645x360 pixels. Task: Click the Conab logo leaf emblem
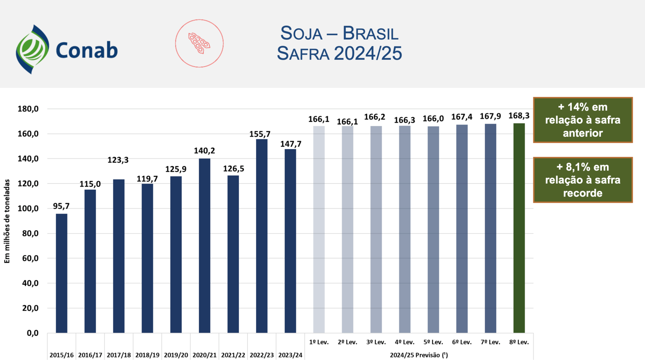tap(32, 49)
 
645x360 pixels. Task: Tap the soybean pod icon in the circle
tap(199, 43)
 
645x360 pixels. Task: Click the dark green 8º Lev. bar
tap(519, 228)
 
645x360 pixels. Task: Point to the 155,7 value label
tap(260, 134)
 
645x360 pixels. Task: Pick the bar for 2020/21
tap(205, 245)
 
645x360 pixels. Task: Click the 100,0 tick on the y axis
tap(28, 209)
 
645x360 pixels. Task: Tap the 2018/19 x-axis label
tap(147, 355)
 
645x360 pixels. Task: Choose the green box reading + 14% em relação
tap(583, 120)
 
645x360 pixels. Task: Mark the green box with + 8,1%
tap(583, 180)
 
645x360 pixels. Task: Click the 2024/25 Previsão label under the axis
tap(419, 355)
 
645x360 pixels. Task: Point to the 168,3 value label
tap(519, 116)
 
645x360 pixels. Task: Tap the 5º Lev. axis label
tap(433, 342)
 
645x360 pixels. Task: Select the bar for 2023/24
tap(290, 241)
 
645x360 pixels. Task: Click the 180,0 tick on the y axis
tap(28, 109)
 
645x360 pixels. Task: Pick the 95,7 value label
tap(61, 206)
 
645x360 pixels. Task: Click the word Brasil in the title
tap(370, 33)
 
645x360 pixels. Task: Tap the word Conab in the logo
tap(87, 50)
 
